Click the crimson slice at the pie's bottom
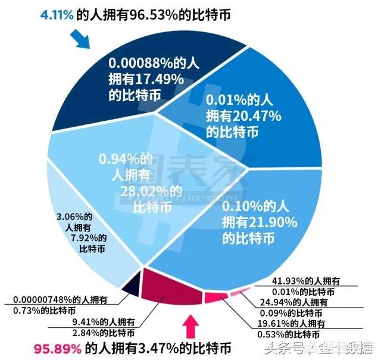point(173,283)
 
